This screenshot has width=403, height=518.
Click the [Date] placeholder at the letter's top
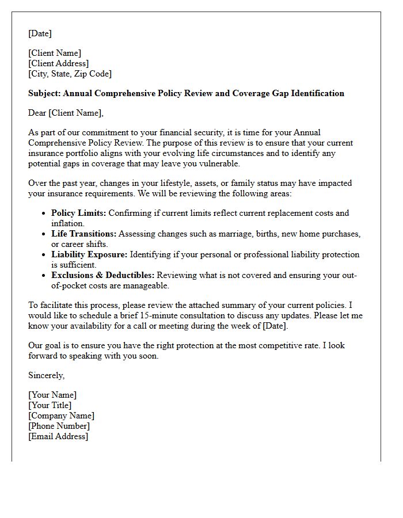tap(40, 33)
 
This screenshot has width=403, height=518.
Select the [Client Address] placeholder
tap(59, 63)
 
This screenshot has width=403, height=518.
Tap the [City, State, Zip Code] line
tap(70, 74)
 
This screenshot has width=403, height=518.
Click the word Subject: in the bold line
tap(44, 93)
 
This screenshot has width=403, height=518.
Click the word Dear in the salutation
tap(37, 113)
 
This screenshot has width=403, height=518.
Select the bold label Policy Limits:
tap(78, 213)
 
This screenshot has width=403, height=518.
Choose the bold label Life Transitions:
tap(84, 234)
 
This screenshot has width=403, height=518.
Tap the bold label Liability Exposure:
tap(89, 254)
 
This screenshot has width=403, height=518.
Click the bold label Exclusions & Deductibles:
tap(103, 275)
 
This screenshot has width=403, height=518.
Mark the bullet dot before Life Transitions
tap(44, 234)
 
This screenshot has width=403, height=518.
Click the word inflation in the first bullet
tap(68, 223)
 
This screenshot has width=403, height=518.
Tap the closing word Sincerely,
tap(47, 375)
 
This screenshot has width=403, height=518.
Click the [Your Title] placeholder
tap(50, 405)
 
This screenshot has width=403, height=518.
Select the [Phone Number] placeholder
tap(59, 426)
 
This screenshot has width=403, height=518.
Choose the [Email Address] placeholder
tap(58, 436)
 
